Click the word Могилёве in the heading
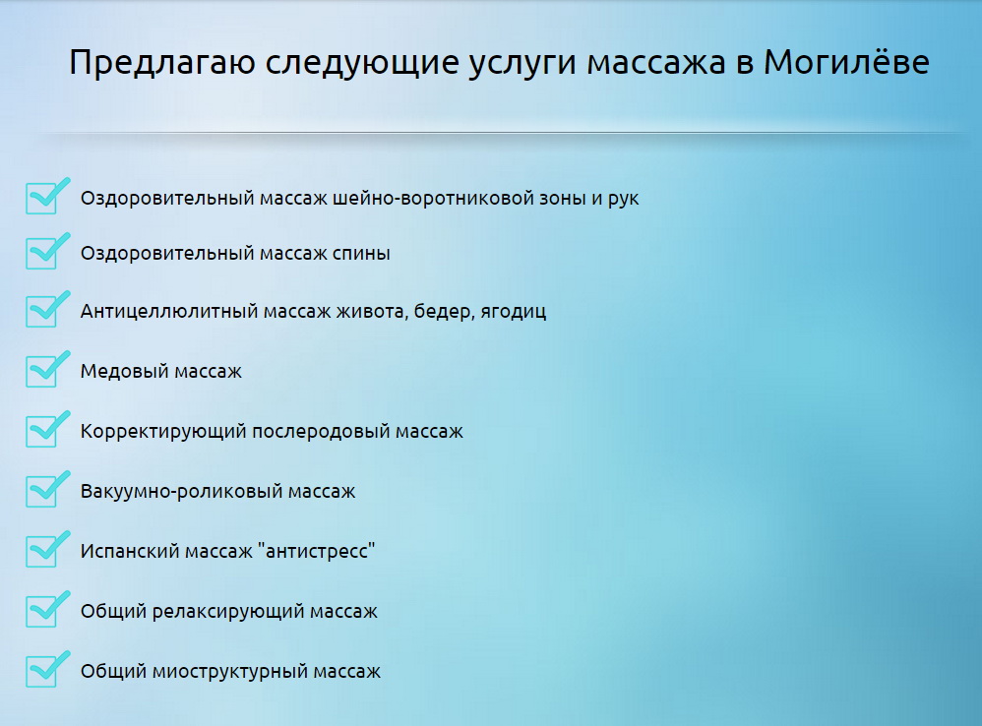tap(846, 61)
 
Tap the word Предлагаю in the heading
tap(162, 63)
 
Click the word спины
tap(361, 254)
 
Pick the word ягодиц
tap(513, 312)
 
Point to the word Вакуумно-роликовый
tap(181, 491)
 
